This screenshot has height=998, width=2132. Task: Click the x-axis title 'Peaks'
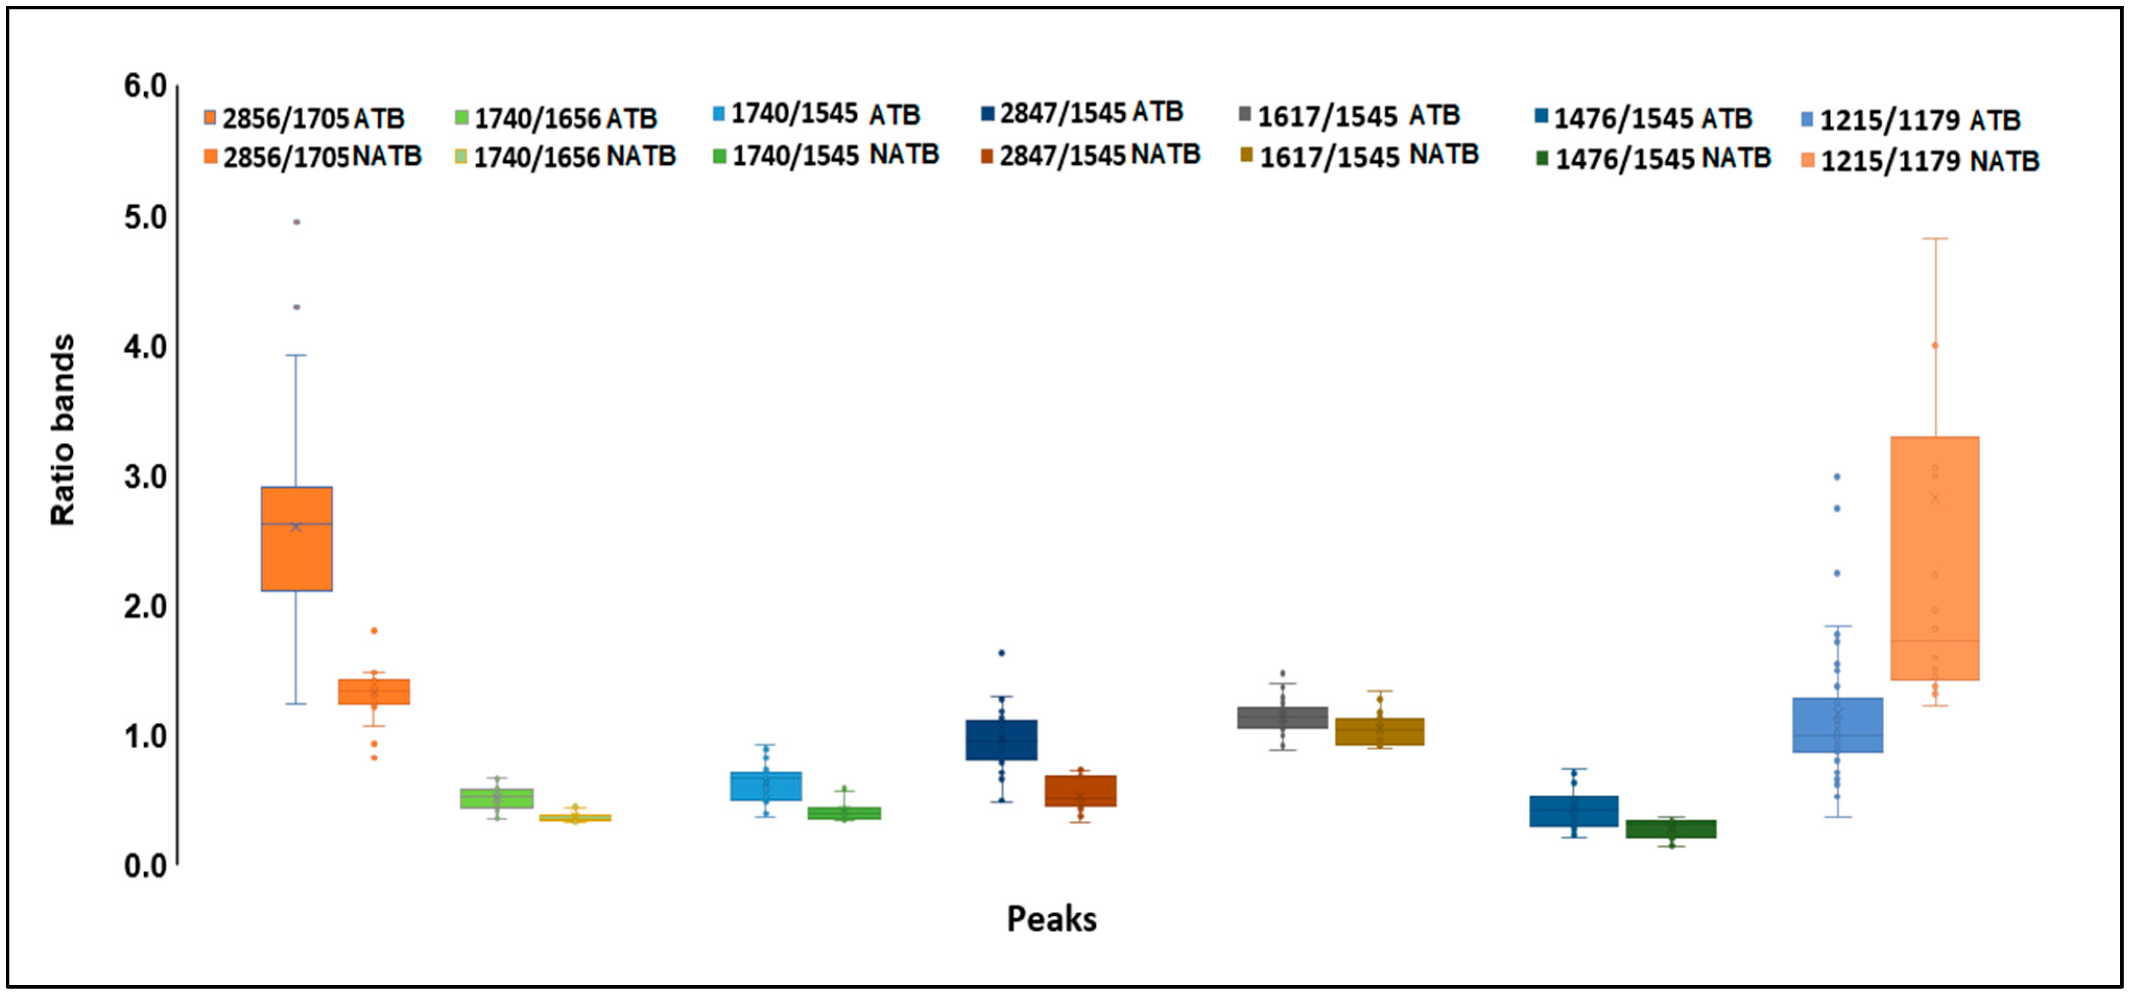click(1051, 919)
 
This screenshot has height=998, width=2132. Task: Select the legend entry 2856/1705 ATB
click(305, 118)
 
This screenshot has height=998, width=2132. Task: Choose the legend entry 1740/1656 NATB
click(566, 157)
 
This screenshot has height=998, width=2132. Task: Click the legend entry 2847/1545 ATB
click(1083, 113)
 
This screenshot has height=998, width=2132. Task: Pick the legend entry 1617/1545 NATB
click(1360, 155)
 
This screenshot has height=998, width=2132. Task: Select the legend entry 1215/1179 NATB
click(1920, 161)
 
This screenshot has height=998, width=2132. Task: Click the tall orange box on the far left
click(296, 539)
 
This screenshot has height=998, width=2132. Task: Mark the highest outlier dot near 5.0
click(296, 222)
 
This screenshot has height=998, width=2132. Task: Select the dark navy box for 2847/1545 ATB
click(1001, 740)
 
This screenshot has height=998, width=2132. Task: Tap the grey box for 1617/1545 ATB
click(1282, 717)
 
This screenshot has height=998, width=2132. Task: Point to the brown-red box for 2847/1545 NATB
click(1080, 790)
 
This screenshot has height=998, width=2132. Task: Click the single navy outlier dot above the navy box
click(1001, 653)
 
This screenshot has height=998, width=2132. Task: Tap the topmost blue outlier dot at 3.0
click(1837, 477)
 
